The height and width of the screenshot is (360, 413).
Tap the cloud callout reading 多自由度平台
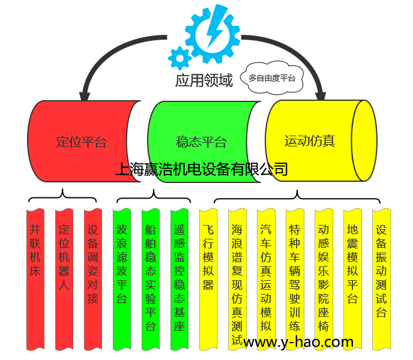[272, 78]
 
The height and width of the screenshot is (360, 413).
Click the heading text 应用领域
[204, 80]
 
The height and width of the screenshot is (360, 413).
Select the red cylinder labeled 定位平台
[82, 142]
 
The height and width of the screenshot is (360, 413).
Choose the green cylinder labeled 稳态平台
[202, 142]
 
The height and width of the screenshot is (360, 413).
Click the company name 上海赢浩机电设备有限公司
[202, 170]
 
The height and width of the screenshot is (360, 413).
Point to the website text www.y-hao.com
[298, 342]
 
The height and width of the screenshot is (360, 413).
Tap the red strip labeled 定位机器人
[64, 258]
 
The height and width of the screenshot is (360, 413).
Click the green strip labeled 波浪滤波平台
[121, 264]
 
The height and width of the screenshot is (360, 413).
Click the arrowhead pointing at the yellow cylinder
[320, 94]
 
